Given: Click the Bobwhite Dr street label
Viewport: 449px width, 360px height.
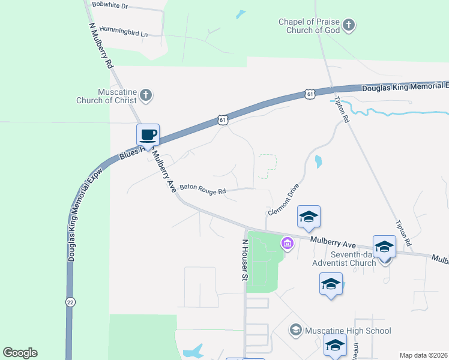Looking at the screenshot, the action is (110, 5).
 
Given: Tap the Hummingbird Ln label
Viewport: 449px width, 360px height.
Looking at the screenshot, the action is (123, 31).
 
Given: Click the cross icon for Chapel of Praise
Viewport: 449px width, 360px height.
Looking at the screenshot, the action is (349, 26).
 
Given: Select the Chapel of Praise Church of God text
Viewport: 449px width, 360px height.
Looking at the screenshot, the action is (309, 26).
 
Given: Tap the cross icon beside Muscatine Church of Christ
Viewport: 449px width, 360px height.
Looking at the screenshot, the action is (146, 95).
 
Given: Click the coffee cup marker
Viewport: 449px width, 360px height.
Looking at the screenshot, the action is (148, 135).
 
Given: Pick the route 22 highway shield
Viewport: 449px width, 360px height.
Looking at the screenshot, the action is (71, 302).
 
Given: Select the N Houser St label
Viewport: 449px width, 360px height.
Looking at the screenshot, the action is (244, 260).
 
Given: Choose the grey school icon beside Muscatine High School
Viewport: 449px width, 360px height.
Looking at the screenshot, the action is (295, 329).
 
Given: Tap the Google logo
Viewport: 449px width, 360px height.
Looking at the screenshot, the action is (20, 353).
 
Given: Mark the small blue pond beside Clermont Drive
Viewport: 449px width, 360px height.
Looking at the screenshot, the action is (317, 161).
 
